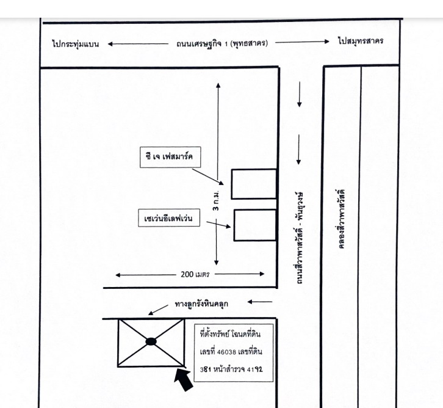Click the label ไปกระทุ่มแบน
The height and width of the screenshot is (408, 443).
pos(76,44)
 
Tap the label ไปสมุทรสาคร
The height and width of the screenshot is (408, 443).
pos(361,41)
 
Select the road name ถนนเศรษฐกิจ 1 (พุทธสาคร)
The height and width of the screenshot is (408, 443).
pos(222,43)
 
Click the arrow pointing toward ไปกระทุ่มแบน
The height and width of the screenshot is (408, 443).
pos(138,44)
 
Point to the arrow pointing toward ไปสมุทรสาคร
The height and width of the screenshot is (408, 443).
pos(302,42)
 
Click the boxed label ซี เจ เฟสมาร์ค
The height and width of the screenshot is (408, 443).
pos(170,157)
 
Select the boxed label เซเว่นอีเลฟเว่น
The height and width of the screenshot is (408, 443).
pos(169,218)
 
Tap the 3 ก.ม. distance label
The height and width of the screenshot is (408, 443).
pos(217,200)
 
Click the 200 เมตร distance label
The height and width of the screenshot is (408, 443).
pos(195,274)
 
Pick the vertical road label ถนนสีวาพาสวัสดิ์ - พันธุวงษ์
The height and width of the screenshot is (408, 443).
pos(299,238)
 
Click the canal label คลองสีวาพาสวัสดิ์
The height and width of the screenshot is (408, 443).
pos(341,219)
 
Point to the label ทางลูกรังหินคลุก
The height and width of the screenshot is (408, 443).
pos(201,304)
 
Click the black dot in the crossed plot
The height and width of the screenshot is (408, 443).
pos(151,341)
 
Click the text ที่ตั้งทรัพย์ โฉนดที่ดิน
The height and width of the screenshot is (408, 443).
pos(230,334)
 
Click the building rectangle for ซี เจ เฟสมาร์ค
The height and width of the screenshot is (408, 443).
pos(254,184)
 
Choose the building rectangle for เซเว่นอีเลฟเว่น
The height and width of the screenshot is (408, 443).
pos(255,225)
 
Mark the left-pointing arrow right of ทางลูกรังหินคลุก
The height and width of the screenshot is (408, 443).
pos(260,302)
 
